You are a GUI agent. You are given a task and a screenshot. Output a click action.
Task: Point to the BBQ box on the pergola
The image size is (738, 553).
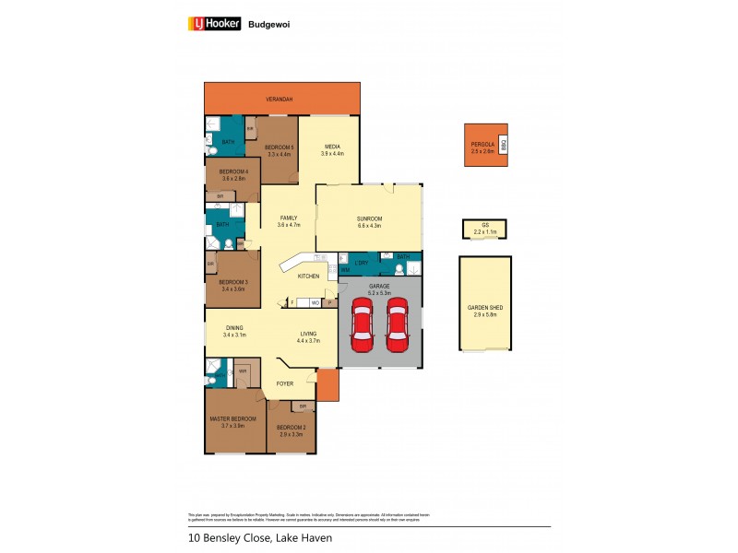click(x=504, y=145)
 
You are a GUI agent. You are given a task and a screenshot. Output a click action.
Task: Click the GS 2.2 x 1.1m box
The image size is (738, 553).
click(x=484, y=229)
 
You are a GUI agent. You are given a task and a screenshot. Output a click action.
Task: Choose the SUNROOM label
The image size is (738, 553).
click(x=369, y=218)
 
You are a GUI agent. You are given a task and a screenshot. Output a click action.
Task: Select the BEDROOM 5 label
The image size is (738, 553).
click(x=279, y=147)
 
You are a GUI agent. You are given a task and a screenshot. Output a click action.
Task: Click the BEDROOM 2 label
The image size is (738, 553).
click(x=292, y=427)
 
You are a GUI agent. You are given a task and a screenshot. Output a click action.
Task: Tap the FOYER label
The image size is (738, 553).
click(x=284, y=383)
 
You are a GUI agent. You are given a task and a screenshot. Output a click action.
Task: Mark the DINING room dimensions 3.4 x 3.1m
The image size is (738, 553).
click(x=234, y=335)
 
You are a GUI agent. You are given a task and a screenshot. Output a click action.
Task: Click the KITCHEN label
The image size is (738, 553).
click(x=308, y=276)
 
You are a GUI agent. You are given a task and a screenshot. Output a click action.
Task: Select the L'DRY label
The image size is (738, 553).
click(x=361, y=265)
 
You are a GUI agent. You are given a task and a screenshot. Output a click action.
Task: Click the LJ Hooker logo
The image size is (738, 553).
click(x=214, y=24)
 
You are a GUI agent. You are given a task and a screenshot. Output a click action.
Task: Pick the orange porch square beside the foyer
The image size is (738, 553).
click(x=327, y=385)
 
